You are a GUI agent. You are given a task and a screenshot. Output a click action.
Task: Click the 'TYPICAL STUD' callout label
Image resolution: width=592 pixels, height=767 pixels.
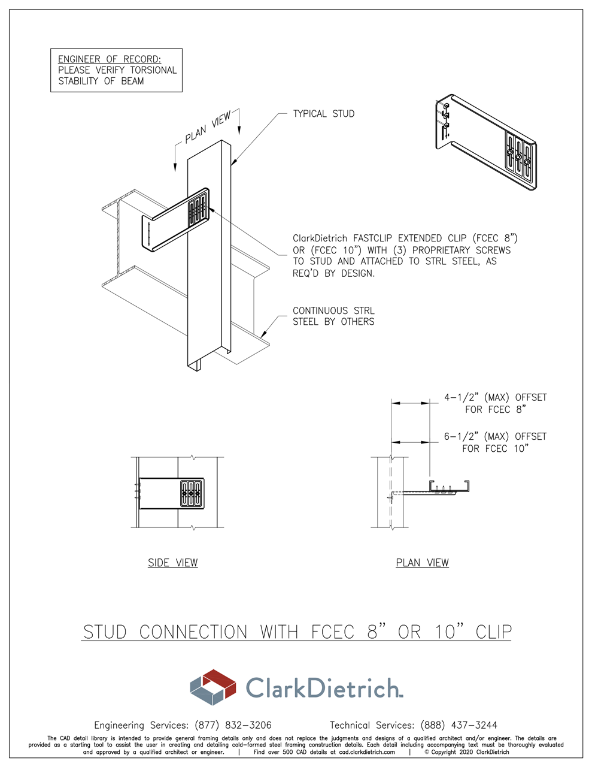coord(323,114)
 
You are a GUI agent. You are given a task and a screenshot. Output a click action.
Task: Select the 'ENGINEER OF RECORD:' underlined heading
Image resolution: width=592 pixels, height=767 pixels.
coord(110,59)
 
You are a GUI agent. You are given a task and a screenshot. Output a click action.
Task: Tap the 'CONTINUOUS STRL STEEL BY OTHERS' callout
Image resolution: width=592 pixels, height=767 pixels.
coord(333,316)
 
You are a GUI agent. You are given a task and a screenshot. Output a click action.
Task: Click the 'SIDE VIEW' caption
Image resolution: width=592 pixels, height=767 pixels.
coord(172,563)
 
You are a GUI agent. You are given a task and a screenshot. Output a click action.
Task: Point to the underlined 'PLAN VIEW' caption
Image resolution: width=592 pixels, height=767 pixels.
coord(422,563)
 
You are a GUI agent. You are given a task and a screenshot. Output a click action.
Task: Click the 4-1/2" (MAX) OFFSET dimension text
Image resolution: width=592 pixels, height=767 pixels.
coord(495,403)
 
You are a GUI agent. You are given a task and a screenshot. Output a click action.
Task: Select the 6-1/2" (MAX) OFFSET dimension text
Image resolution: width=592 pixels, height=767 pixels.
coord(495,442)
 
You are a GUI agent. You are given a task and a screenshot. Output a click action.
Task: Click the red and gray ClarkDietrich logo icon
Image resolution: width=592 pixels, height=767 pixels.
coord(212,687)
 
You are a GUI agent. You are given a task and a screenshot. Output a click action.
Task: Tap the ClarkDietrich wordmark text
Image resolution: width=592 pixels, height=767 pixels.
coord(323,688)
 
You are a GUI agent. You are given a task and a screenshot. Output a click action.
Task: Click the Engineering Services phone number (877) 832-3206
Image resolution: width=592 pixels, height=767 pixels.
coord(233,725)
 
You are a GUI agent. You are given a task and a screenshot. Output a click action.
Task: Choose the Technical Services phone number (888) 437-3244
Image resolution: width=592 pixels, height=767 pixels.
coord(459,725)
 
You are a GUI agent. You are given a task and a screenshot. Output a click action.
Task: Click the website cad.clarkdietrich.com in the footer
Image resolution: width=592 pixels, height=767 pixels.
coord(367,752)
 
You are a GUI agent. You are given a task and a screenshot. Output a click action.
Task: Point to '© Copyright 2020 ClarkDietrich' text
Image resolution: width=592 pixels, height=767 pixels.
coord(467,752)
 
